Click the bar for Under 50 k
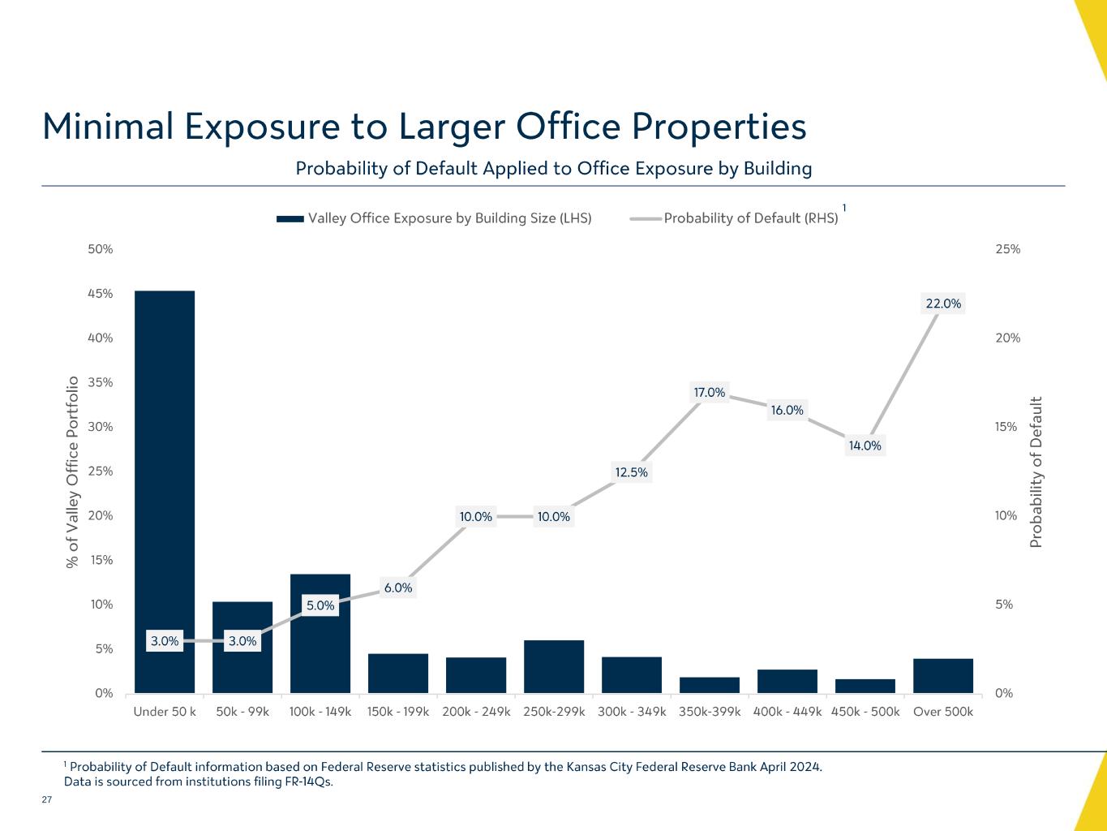point(165,487)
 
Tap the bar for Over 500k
point(943,676)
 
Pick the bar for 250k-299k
point(554,667)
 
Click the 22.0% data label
point(943,304)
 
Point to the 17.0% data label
point(710,393)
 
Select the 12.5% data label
point(632,472)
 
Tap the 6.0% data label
point(398,588)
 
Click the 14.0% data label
point(865,446)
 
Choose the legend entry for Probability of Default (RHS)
point(750,218)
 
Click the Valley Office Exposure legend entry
point(449,218)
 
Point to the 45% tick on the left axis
point(101,294)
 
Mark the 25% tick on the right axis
point(1007,249)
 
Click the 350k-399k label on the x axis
point(710,712)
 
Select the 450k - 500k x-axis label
point(865,712)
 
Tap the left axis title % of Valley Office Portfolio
point(72,471)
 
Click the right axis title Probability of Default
point(1036,471)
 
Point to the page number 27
point(46,801)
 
